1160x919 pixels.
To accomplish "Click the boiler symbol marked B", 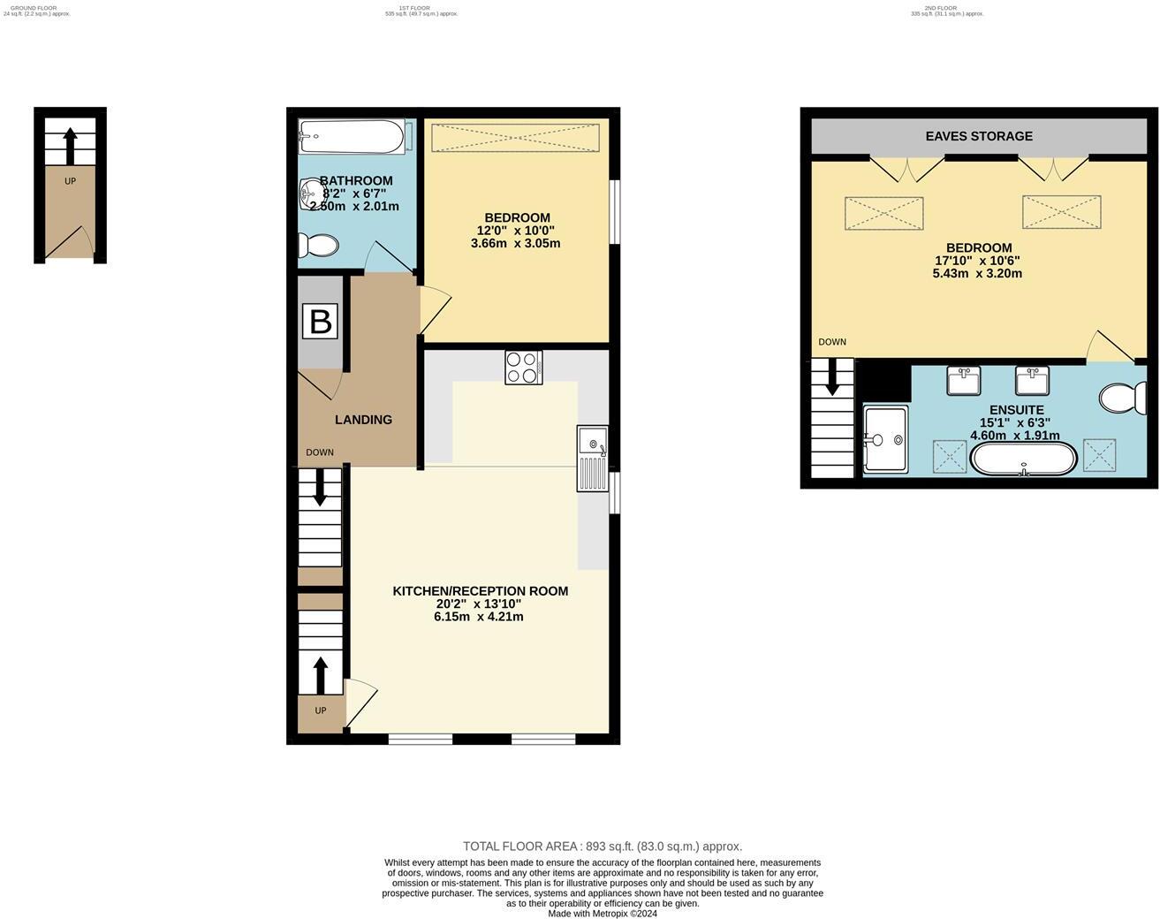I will tap(320, 321).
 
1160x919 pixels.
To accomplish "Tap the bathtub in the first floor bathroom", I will tap(351, 137).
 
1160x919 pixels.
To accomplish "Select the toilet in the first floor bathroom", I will tap(318, 246).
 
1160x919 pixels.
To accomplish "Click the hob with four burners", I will tap(523, 368).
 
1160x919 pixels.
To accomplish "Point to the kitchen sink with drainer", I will tap(592, 458).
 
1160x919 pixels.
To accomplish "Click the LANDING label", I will tap(363, 420).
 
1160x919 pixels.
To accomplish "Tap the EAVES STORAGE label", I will tap(979, 136).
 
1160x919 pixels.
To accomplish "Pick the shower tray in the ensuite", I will tap(885, 439).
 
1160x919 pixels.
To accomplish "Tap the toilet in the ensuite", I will tap(1123, 398).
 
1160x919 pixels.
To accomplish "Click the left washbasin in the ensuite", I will tap(963, 381).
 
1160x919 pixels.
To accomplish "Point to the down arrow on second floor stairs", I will tap(832, 380).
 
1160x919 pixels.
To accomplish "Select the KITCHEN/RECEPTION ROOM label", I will tap(480, 591).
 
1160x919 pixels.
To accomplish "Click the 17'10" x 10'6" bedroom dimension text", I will tap(977, 261).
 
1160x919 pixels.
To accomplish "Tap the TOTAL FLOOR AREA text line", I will tap(603, 847).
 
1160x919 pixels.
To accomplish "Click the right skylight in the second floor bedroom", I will tap(1061, 212).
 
